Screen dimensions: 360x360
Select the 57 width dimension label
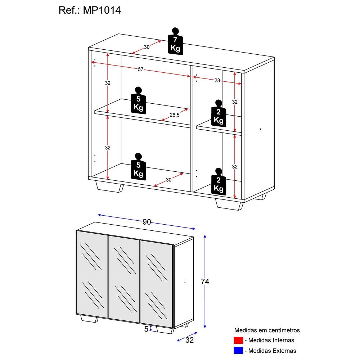[141, 69]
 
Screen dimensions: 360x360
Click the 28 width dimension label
[217, 80]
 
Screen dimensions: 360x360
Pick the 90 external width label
[147, 222]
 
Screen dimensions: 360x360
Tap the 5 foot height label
[146, 329]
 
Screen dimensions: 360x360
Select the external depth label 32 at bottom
[189, 340]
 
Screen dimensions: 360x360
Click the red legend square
[238, 340]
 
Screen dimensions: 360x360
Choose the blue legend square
[238, 350]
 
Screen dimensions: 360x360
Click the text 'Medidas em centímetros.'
[268, 330]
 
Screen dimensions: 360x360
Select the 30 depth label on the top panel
[147, 47]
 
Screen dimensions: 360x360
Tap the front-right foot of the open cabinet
[229, 204]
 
